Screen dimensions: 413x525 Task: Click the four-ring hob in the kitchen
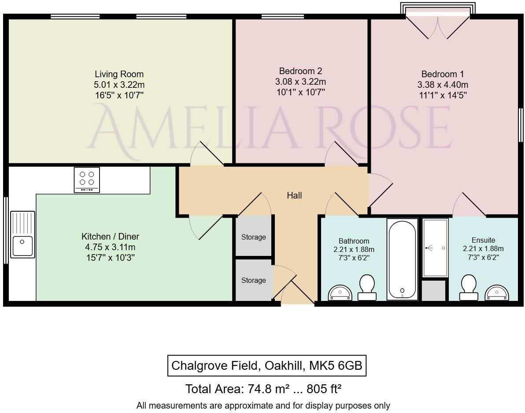click(x=87, y=180)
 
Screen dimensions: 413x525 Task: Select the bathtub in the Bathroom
click(x=402, y=259)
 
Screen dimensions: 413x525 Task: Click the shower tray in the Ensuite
click(x=435, y=248)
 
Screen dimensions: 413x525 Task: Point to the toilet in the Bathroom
click(x=367, y=287)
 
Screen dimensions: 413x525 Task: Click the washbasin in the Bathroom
click(x=340, y=293)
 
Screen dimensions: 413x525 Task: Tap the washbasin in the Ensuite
click(x=496, y=293)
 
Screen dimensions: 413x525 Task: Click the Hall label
click(x=294, y=195)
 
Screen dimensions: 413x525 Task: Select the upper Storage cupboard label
click(x=254, y=237)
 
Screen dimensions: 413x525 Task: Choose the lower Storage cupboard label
click(x=254, y=280)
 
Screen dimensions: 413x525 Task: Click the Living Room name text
click(x=119, y=74)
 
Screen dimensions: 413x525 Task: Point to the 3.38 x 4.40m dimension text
click(x=443, y=85)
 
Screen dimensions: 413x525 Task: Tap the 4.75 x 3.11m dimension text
click(x=110, y=247)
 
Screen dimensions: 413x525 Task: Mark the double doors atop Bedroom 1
click(x=438, y=27)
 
